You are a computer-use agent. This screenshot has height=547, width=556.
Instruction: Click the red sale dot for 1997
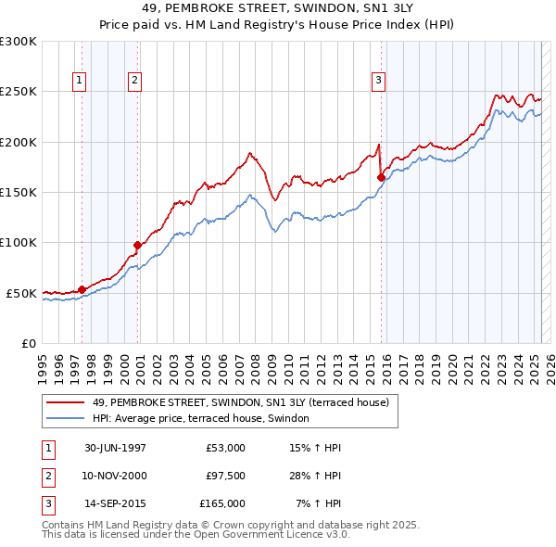point(82,289)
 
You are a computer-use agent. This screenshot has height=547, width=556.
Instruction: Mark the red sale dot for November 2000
point(137,245)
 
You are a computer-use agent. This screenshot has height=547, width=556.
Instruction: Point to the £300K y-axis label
point(19,42)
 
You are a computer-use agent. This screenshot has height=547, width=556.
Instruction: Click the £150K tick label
point(19,193)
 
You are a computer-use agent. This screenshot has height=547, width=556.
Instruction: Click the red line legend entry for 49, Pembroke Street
point(246,402)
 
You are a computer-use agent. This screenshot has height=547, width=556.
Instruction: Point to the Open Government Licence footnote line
point(196,535)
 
